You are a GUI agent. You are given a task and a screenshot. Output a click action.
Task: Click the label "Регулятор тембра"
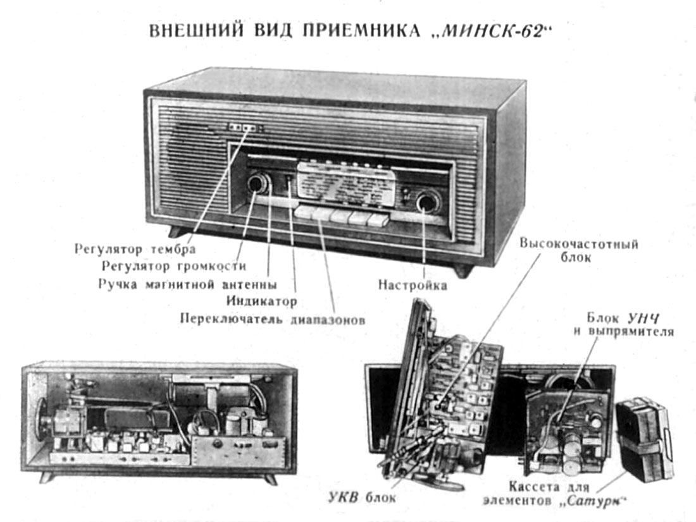134,248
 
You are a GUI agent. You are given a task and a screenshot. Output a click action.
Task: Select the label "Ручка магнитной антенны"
187,284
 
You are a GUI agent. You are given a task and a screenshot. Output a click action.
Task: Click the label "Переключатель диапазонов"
273,319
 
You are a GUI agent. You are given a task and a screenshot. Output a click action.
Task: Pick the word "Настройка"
413,285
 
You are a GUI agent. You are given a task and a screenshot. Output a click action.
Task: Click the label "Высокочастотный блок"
578,251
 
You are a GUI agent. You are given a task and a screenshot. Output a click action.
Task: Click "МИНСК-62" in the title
493,32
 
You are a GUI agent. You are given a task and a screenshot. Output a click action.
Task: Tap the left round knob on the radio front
257,184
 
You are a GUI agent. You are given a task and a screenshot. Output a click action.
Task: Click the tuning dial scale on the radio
345,185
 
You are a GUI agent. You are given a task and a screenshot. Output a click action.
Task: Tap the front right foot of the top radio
463,271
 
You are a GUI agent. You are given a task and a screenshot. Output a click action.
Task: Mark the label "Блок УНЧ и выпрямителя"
630,324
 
